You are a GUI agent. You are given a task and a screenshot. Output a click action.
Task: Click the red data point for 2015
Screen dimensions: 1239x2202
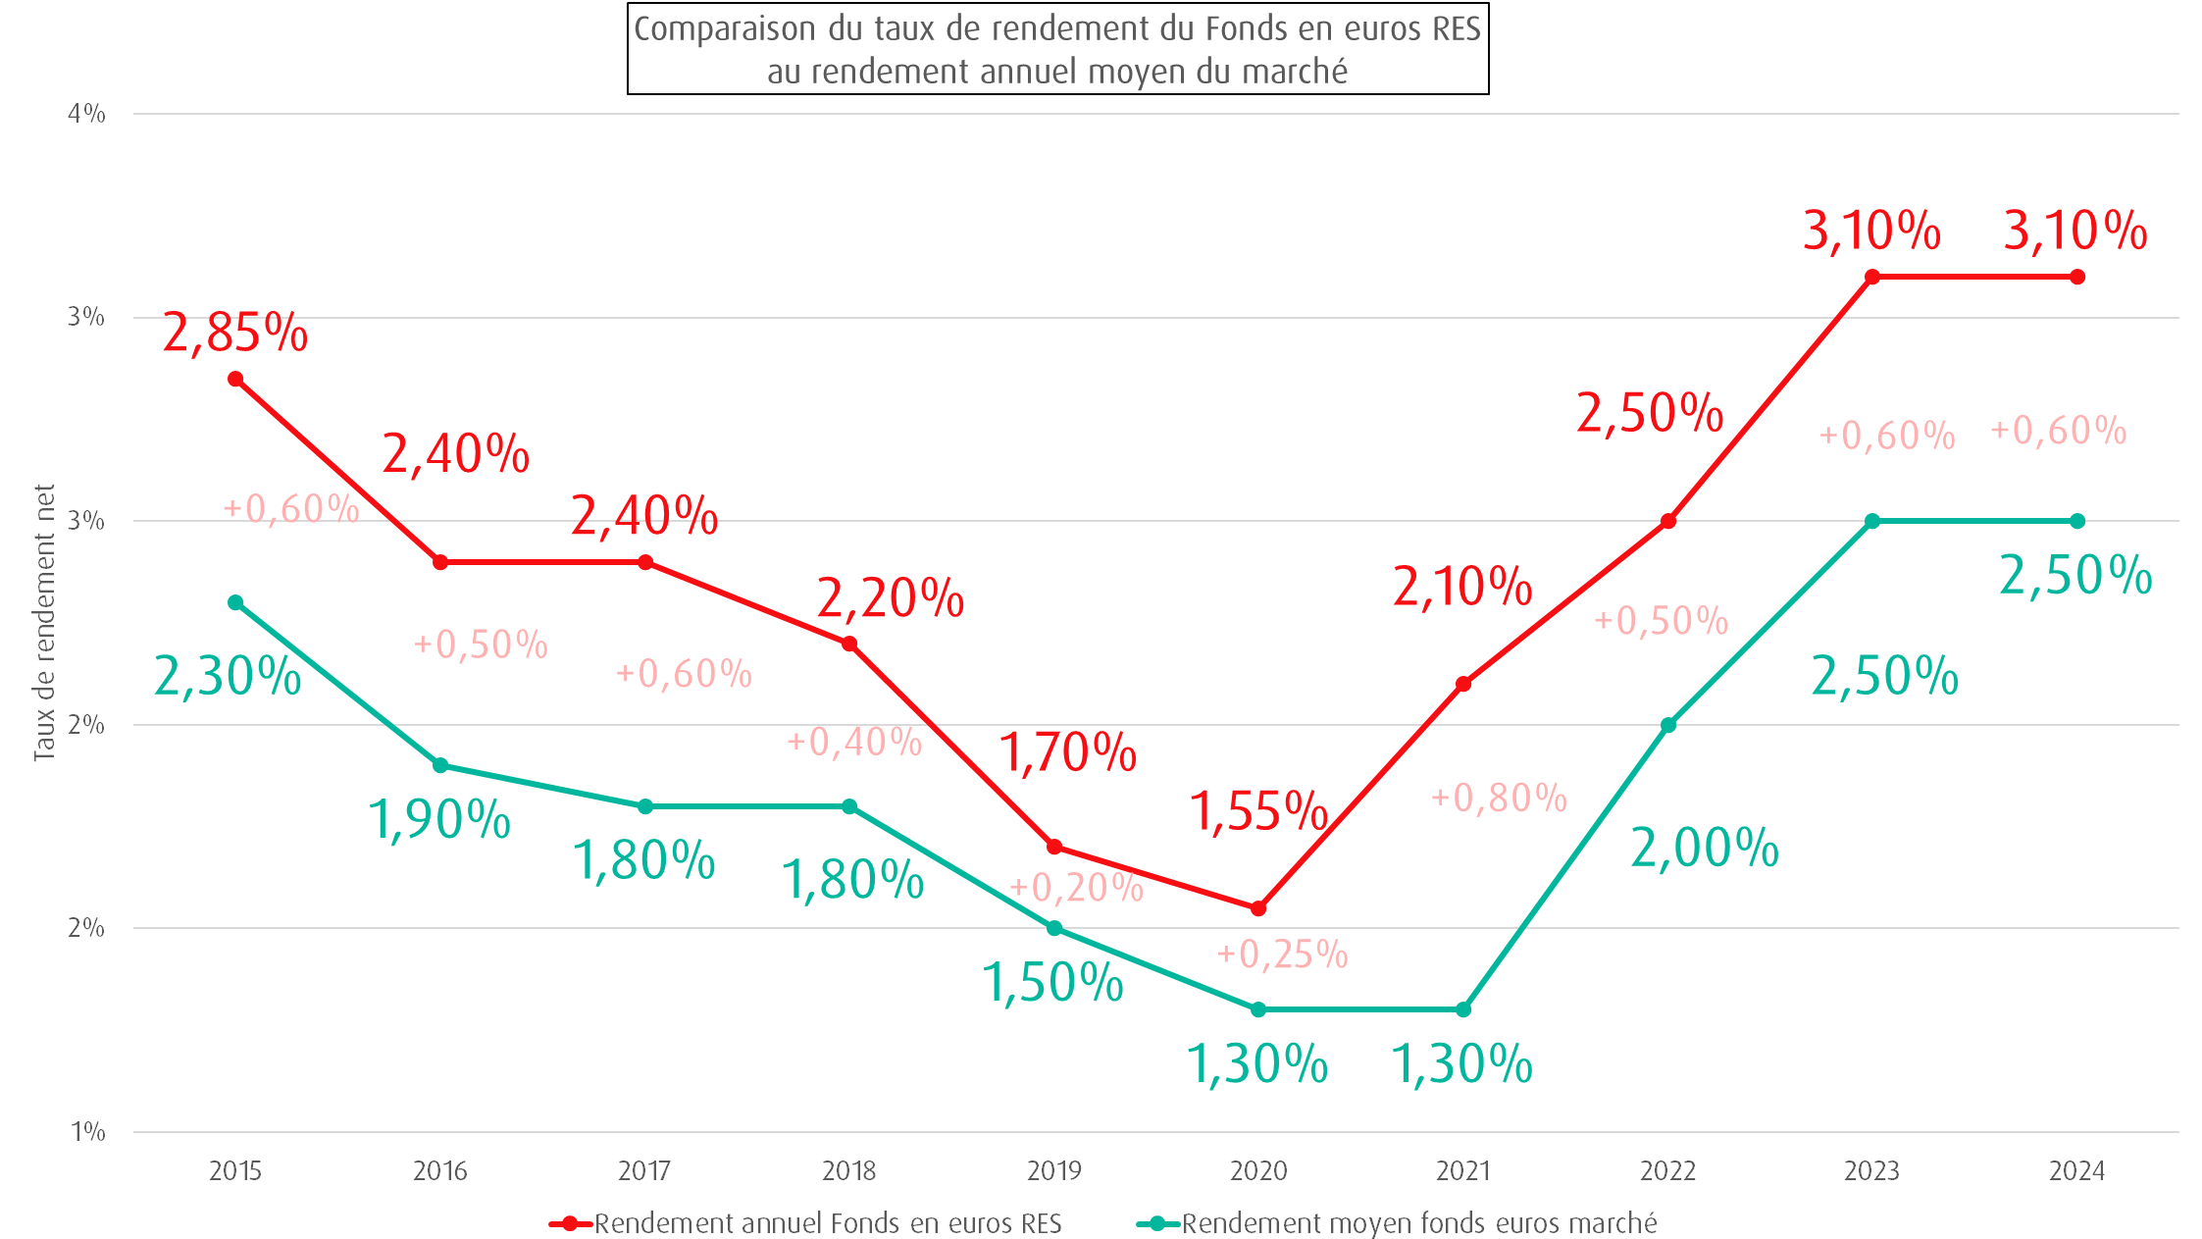[x=235, y=379]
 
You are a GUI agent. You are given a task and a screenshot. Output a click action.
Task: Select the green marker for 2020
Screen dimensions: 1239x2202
[x=1258, y=1009]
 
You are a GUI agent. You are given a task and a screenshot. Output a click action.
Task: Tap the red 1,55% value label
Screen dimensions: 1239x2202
[x=1258, y=811]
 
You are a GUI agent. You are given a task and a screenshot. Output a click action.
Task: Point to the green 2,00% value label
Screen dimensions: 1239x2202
[x=1704, y=848]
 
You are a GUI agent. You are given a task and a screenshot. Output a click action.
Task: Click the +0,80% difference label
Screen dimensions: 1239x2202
[x=1499, y=798]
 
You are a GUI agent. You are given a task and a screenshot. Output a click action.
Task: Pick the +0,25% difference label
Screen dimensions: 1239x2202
[x=1283, y=954]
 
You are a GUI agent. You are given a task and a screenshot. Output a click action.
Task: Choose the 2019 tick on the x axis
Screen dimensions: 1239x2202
[x=1053, y=1170]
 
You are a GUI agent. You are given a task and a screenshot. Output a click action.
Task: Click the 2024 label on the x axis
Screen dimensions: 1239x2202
[x=2076, y=1170]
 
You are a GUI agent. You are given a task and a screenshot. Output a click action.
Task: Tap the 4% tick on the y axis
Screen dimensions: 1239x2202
[x=86, y=114]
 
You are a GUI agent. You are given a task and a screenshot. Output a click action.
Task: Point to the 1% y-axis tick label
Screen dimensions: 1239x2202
[x=87, y=1132]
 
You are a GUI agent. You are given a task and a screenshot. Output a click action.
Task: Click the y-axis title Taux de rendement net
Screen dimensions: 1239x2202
[x=44, y=622]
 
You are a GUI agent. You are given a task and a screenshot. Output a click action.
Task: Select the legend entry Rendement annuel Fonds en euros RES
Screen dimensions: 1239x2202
[x=828, y=1223]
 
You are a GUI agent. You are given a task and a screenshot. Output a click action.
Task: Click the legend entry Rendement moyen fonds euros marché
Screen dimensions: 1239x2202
[x=1418, y=1223]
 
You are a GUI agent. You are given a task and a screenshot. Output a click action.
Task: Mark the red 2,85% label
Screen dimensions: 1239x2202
[x=235, y=333]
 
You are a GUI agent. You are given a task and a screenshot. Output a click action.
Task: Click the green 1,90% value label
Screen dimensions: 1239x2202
[x=439, y=819]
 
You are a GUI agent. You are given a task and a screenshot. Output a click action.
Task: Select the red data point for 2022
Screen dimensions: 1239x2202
[x=1667, y=521]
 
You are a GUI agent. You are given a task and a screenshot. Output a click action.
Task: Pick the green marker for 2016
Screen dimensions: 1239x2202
[x=440, y=765]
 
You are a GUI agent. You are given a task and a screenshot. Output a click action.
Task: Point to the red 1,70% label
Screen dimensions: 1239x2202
[x=1067, y=753]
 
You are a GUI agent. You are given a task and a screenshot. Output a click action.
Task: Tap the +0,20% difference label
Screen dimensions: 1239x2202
[x=1077, y=888]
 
